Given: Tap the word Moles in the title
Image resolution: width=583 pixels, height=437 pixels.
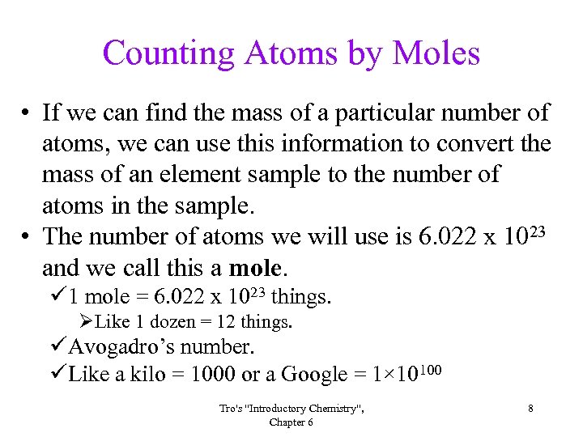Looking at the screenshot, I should [x=436, y=53].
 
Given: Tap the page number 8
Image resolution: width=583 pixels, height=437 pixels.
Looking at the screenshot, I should [x=530, y=409].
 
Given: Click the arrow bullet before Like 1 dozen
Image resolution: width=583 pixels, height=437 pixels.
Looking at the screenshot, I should [x=87, y=322].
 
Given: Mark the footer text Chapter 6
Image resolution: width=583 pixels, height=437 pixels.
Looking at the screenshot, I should [x=291, y=422].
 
